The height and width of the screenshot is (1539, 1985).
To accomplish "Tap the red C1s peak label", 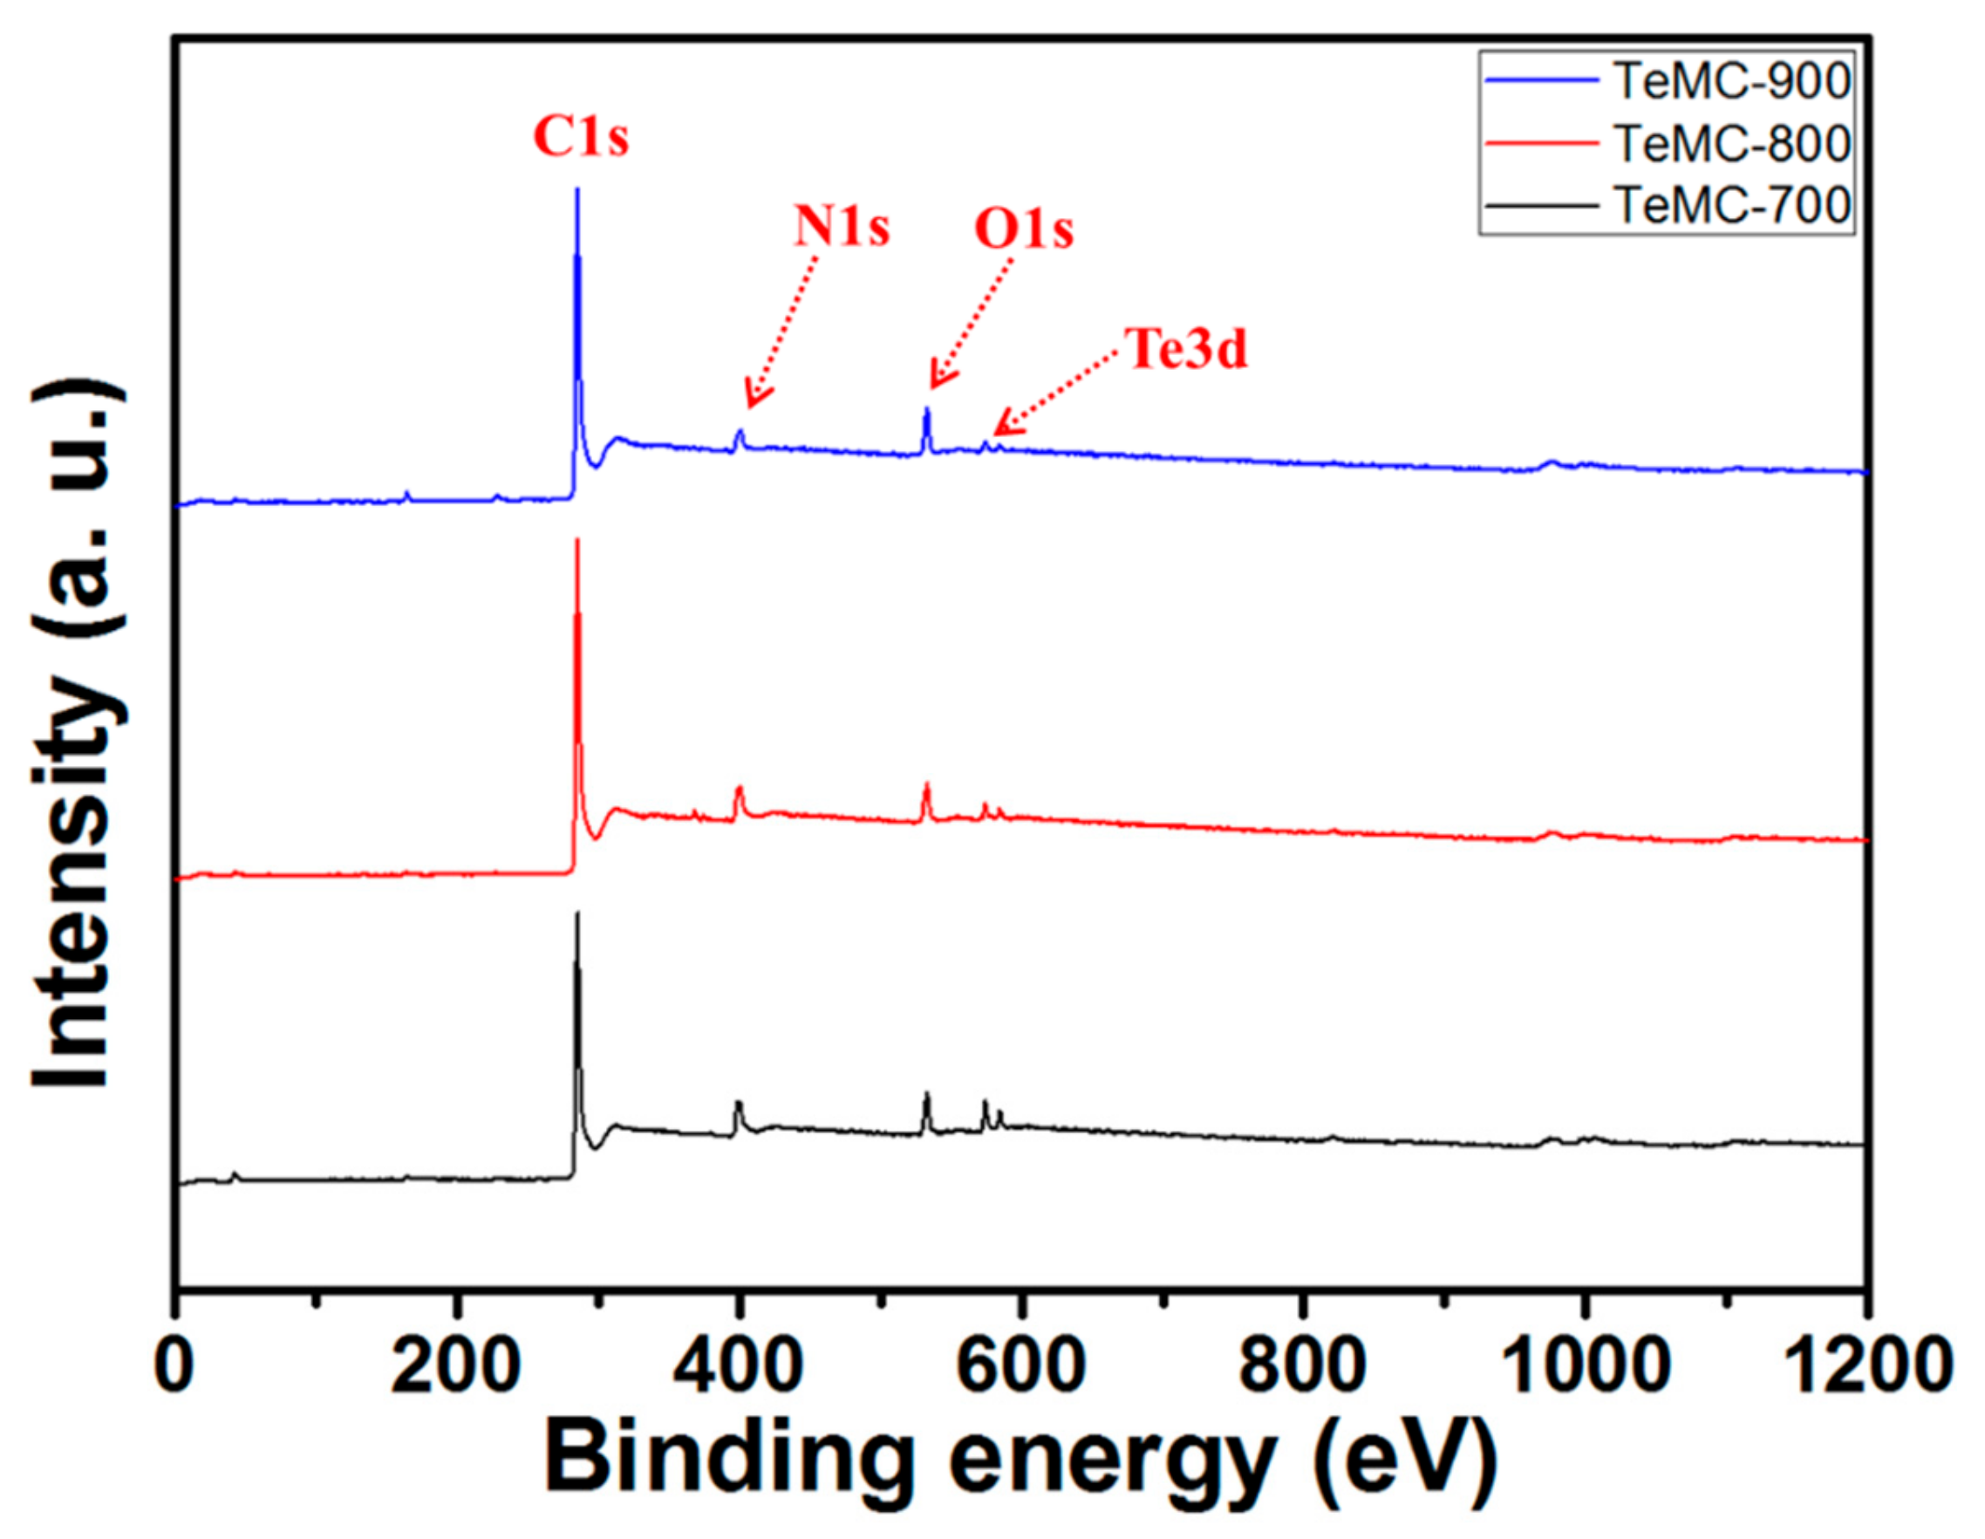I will point(580,138).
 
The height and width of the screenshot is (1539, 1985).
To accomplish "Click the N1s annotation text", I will point(842,226).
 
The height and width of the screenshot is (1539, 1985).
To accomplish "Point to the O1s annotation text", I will point(1023,229).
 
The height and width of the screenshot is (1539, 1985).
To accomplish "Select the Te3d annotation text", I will point(1187,349).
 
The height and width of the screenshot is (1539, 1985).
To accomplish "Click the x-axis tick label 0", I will point(174,1364).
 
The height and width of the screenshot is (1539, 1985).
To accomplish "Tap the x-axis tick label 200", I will point(455,1364).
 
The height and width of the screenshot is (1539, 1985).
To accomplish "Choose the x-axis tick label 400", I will point(738,1364).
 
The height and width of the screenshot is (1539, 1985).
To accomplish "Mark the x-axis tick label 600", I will point(1020,1364).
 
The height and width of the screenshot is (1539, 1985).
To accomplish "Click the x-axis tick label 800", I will point(1303,1364).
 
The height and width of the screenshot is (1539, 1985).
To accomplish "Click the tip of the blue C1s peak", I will point(577,190).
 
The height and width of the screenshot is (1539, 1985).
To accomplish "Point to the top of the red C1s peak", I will point(577,541).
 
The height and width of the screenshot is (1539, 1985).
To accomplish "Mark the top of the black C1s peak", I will point(577,913).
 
